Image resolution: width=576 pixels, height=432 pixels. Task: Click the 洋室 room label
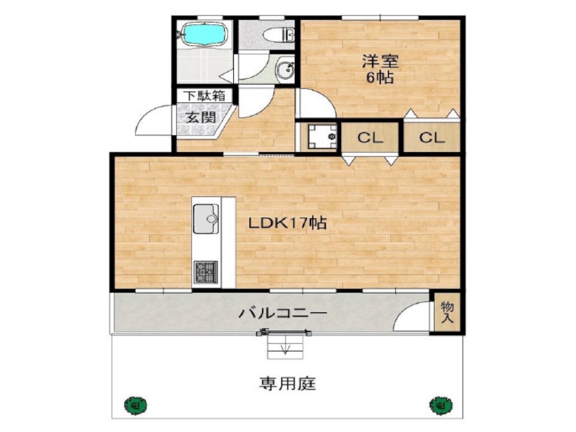380,60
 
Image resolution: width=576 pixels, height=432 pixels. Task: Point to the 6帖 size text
380,78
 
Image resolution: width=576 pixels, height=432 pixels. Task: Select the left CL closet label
370,138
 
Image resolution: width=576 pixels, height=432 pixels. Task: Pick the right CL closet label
431,138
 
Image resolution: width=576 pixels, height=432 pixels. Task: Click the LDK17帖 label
287,223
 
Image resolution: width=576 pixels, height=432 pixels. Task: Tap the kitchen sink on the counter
206,218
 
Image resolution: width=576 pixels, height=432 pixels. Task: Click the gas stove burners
205,270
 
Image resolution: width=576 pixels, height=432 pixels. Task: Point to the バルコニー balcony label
283,314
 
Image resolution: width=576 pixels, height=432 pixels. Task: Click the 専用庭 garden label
287,383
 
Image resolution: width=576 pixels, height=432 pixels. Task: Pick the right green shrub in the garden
439,404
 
